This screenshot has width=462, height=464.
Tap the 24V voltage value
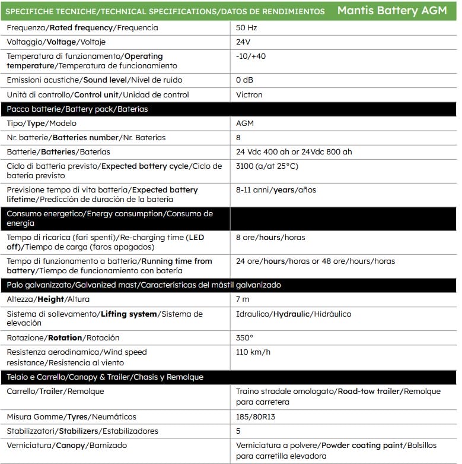click(x=243, y=42)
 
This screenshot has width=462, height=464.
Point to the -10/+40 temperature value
click(x=251, y=56)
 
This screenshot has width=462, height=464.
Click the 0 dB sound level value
click(x=244, y=80)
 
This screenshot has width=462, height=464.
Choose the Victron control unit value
click(x=249, y=94)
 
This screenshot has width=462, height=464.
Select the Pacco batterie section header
click(x=77, y=109)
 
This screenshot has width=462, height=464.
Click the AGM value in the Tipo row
click(x=246, y=124)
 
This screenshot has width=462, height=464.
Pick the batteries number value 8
click(x=238, y=138)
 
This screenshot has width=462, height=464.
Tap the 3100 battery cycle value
click(x=267, y=166)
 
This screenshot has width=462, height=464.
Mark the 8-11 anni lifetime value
click(x=276, y=190)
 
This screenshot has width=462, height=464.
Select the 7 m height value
click(x=243, y=299)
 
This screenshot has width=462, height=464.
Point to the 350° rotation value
click(x=244, y=337)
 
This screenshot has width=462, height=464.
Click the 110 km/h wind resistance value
click(x=253, y=352)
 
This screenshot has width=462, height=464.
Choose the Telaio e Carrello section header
click(x=105, y=377)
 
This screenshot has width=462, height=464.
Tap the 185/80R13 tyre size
click(x=256, y=416)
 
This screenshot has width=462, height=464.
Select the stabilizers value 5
click(x=238, y=431)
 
